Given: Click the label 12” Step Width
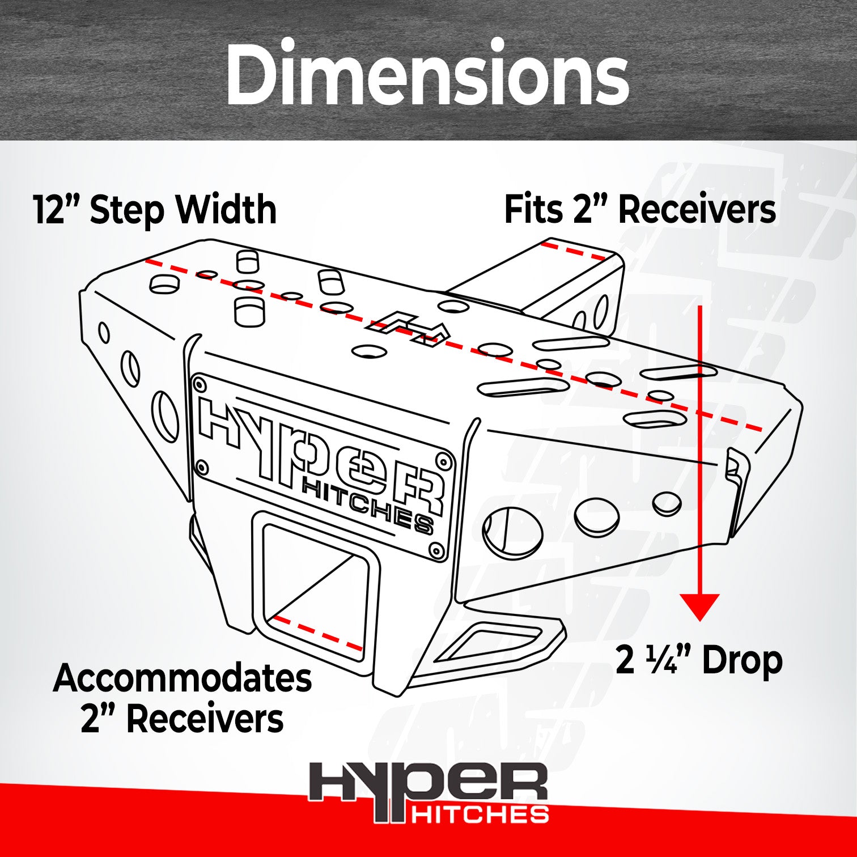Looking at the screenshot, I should tap(155, 210).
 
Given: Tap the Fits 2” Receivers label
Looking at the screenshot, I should tap(640, 210).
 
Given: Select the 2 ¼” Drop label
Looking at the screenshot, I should tap(698, 660).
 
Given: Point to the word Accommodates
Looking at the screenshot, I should tap(183, 678).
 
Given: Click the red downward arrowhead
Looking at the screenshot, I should tap(700, 606).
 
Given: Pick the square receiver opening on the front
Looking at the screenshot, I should tap(315, 589).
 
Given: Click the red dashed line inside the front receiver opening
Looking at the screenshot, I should tap(317, 633).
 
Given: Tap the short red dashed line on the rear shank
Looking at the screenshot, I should tap(572, 251).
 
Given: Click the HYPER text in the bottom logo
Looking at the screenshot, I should tap(428, 785).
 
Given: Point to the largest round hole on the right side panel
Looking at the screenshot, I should tap(512, 532).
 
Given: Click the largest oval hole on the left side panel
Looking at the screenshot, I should tap(165, 415).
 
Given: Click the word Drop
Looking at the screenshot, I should tap(743, 660).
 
